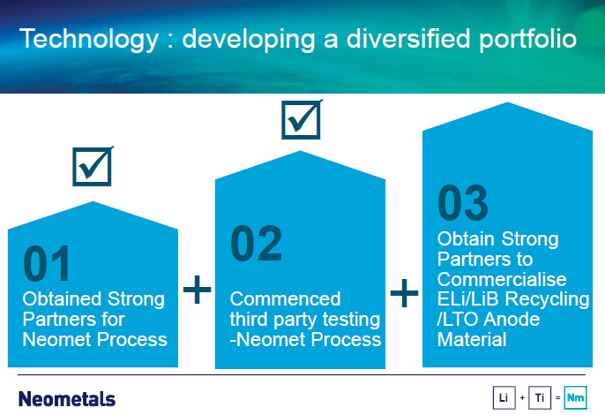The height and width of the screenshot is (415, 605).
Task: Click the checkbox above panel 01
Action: coord(93,167)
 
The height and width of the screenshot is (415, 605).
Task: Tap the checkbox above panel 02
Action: coord(302,119)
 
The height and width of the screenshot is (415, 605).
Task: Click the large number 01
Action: coord(47,263)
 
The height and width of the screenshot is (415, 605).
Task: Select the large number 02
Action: coord(256,244)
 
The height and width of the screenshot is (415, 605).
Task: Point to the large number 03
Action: coord(463,202)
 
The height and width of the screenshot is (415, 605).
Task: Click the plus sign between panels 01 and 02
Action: coord(198,289)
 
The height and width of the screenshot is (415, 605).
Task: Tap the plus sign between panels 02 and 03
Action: coord(404,292)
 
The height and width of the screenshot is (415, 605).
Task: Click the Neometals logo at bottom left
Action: coord(67,399)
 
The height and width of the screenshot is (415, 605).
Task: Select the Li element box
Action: coord(504,397)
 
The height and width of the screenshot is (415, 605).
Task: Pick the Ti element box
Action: coord(540,397)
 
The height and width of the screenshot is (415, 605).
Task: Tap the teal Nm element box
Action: coord(575,397)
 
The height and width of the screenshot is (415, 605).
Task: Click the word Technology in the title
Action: coord(89,40)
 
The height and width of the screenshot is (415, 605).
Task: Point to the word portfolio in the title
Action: coord(527,40)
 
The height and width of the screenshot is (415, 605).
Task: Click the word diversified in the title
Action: coord(408,39)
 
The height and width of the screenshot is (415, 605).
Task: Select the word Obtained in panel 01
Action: coord(61,299)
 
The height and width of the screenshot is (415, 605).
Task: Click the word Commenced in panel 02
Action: coord(285,299)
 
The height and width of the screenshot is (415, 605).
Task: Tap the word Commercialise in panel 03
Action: coord(502,279)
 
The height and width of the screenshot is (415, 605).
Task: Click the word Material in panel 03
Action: coord(472,340)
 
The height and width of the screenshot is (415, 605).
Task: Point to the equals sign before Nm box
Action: coord(557,397)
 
